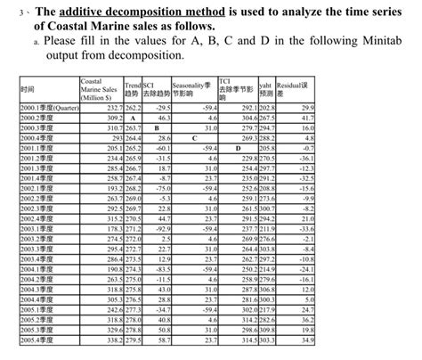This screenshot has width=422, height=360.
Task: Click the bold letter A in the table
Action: (131, 118)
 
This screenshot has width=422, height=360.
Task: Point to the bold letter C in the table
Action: (193, 139)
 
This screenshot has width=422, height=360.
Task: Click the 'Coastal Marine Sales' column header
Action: (101, 89)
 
